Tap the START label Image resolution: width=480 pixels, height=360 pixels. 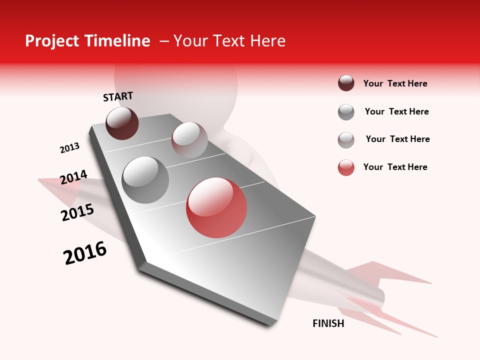(x=118, y=96)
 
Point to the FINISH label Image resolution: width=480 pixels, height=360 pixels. (x=328, y=323)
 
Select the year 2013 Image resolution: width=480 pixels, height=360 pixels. (x=69, y=148)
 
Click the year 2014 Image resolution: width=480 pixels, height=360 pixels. (x=73, y=177)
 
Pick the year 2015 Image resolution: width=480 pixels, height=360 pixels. (x=77, y=212)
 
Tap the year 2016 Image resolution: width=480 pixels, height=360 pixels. (x=85, y=253)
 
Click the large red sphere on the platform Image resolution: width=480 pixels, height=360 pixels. (x=216, y=207)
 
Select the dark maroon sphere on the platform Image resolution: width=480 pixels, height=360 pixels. (x=122, y=123)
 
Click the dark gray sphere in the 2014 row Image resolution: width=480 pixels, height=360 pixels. (x=145, y=180)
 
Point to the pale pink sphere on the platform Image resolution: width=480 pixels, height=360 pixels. (x=189, y=140)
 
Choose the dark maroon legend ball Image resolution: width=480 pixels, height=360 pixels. (x=346, y=83)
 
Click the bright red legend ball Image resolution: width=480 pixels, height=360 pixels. (x=346, y=167)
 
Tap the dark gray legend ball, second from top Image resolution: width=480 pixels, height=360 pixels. (x=346, y=112)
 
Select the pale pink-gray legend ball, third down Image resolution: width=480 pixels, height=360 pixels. (x=346, y=140)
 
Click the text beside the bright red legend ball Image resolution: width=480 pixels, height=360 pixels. (x=395, y=167)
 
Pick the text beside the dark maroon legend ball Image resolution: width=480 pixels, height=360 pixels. (x=395, y=83)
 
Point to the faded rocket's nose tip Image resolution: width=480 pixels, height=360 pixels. (x=39, y=180)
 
